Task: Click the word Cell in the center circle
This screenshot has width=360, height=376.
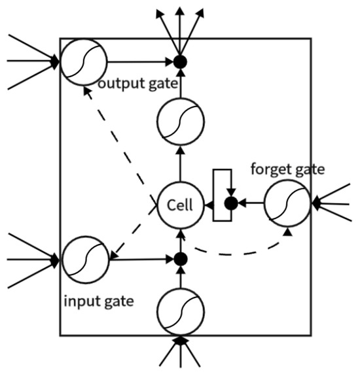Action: [180, 205]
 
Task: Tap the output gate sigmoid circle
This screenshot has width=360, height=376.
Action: [83, 62]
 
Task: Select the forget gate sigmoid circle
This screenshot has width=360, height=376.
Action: [288, 204]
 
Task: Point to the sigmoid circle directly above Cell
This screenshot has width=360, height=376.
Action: [181, 122]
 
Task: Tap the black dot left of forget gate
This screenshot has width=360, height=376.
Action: [230, 204]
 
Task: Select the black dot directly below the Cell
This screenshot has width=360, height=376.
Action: [181, 260]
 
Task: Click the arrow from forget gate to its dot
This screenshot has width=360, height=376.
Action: [252, 204]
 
